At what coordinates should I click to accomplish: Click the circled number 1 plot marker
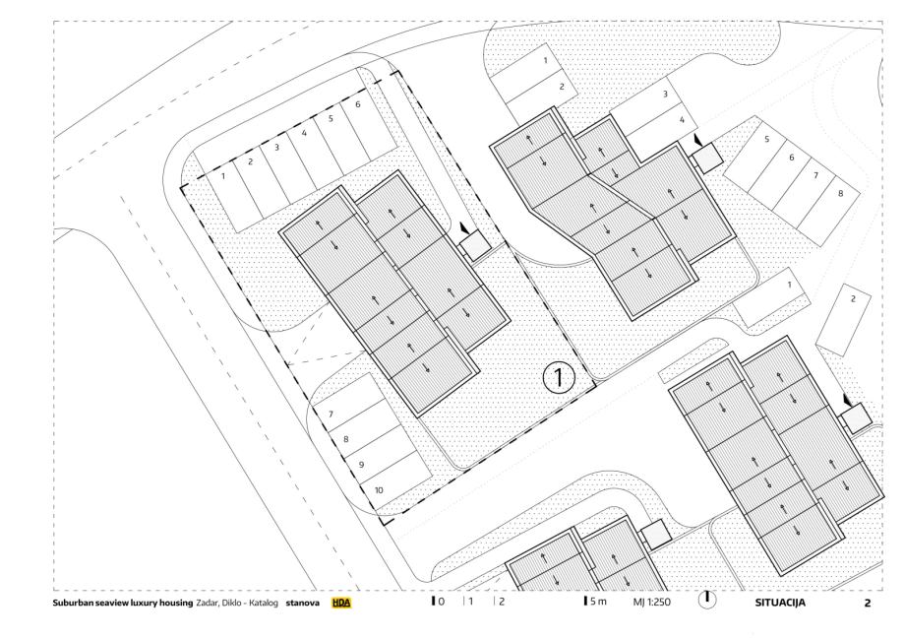pos(559,377)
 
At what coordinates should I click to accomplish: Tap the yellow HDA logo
pos(340,603)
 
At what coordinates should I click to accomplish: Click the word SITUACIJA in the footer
pos(780,603)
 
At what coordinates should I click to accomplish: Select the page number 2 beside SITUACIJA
pos(867,604)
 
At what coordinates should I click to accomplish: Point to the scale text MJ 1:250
pos(652,602)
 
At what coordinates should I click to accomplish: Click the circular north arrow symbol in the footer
pos(707,600)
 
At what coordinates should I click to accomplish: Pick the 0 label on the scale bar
pos(442,602)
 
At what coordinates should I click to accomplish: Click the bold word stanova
pos(303,603)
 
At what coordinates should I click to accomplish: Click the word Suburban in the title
pos(72,603)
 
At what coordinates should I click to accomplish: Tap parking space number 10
pos(379,490)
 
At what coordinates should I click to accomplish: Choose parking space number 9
pos(361,465)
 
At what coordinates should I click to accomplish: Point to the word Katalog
pos(263,604)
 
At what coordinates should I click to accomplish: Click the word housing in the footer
pos(177,604)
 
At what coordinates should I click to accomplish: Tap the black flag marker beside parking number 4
pos(697,140)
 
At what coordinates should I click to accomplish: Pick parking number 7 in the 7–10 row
pos(331,414)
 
